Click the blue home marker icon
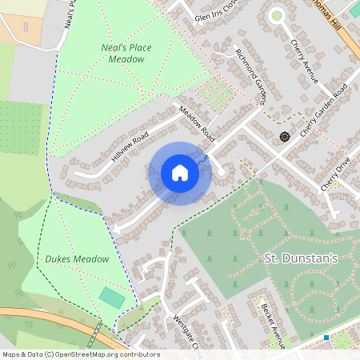pyautogui.click(x=180, y=173)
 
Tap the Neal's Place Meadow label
pyautogui.click(x=126, y=53)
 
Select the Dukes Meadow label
pyautogui.click(x=77, y=259)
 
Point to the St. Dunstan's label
pyautogui.click(x=302, y=258)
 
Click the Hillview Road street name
pyautogui.click(x=130, y=148)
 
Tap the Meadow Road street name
pyautogui.click(x=198, y=120)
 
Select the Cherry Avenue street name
pyautogui.click(x=305, y=61)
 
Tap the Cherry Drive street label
pyautogui.click(x=335, y=174)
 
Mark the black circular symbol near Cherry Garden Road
pyautogui.click(x=284, y=136)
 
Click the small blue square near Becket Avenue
pyautogui.click(x=326, y=338)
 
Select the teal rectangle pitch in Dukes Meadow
pyautogui.click(x=112, y=298)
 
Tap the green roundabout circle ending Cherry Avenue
pyautogui.click(x=277, y=14)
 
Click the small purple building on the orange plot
pyautogui.click(x=26, y=26)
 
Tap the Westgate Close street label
pyautogui.click(x=183, y=330)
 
